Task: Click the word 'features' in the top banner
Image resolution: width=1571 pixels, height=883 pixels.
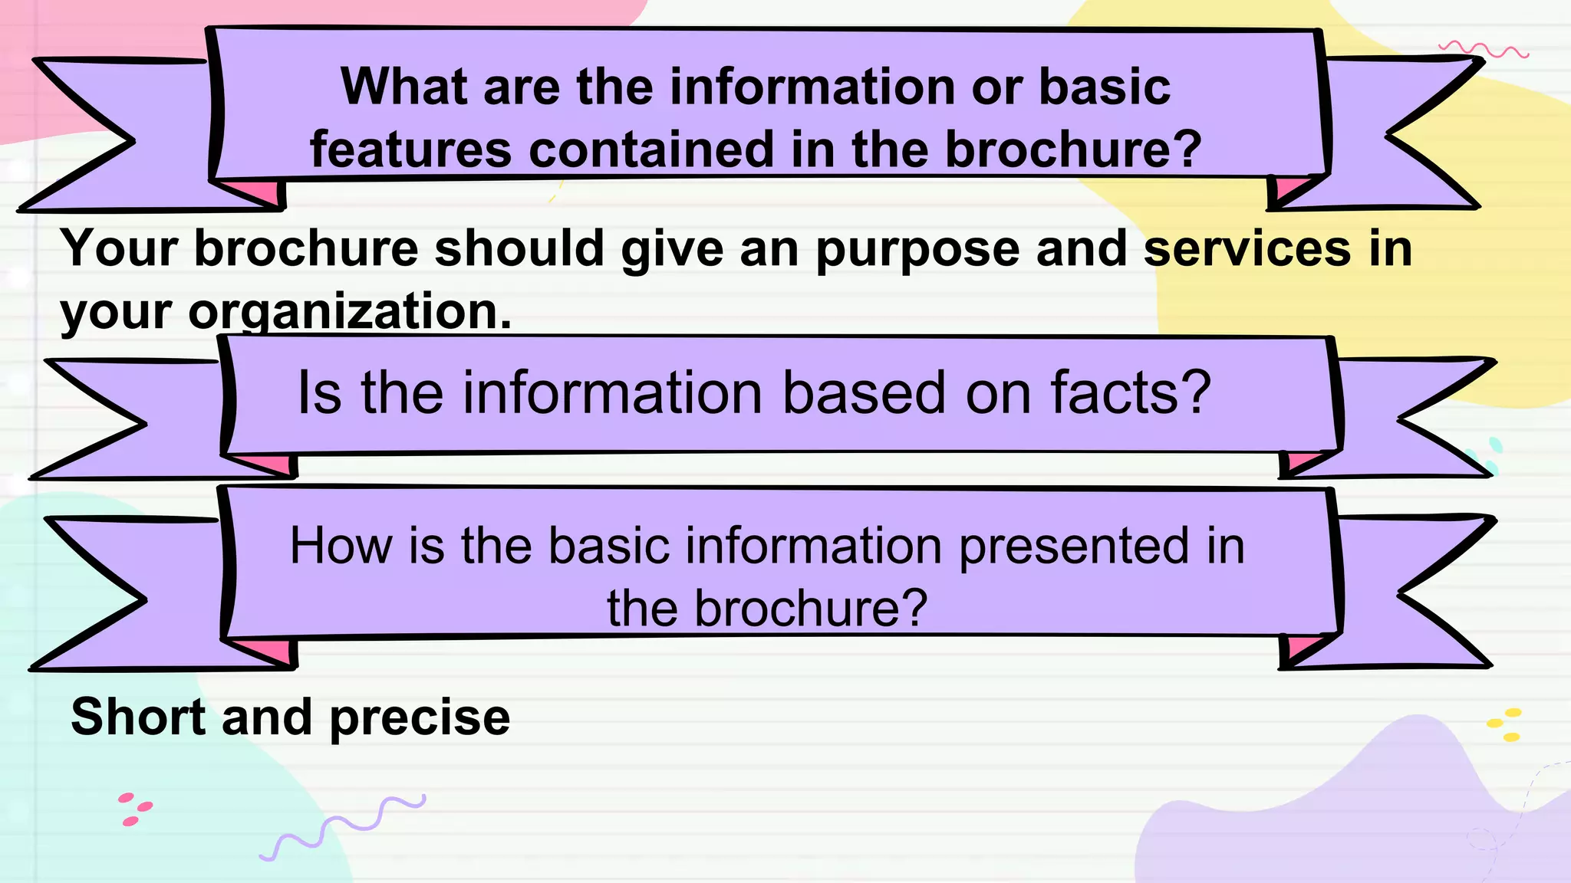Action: pos(410,149)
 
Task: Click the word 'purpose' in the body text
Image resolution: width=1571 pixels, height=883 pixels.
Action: pos(917,250)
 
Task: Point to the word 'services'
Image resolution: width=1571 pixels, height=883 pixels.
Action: pos(1247,248)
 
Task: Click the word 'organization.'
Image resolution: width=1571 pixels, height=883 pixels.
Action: pos(350,313)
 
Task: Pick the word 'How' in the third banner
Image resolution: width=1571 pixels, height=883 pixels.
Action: pos(340,546)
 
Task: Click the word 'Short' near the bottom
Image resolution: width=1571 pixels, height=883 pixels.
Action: pos(139,717)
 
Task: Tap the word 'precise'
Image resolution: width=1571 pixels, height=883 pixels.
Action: pos(420,719)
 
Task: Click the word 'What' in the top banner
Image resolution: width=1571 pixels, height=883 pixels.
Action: pos(403,86)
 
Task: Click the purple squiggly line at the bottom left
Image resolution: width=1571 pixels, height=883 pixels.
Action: pos(342,828)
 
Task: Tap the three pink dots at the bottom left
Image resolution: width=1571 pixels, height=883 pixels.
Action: pos(134,809)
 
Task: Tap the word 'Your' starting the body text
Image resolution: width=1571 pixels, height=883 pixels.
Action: pos(121,248)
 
